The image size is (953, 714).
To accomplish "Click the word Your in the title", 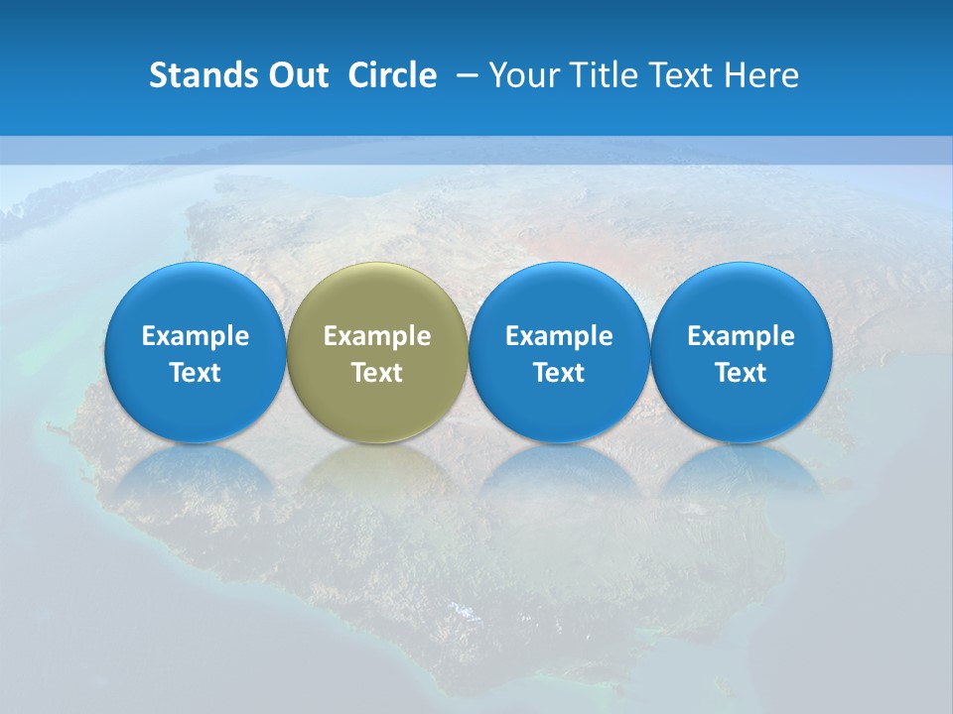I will pyautogui.click(x=522, y=75).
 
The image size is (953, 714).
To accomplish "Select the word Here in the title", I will pyautogui.click(x=762, y=75).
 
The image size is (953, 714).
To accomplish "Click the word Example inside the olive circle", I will pyautogui.click(x=377, y=336).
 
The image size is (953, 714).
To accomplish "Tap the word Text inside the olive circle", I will pyautogui.click(x=377, y=373).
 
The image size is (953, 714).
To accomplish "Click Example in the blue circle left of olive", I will pyautogui.click(x=196, y=336).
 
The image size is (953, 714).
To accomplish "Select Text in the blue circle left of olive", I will pyautogui.click(x=196, y=373).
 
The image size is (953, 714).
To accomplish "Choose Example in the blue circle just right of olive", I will pyautogui.click(x=559, y=336).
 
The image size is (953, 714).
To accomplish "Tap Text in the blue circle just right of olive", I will pyautogui.click(x=559, y=373).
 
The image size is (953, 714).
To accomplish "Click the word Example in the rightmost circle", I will pyautogui.click(x=741, y=336).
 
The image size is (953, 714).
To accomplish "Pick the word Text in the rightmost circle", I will pyautogui.click(x=741, y=373).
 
